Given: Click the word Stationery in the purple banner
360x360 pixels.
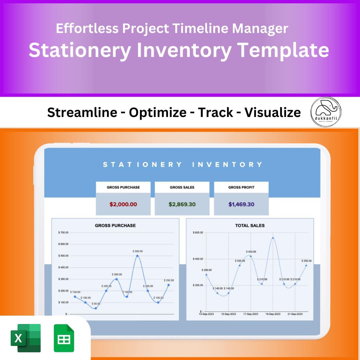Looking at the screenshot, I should pyautogui.click(x=79, y=50).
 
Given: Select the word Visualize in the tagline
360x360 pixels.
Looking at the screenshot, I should pyautogui.click(x=272, y=113).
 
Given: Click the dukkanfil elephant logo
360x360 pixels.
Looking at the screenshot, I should pyautogui.click(x=326, y=112).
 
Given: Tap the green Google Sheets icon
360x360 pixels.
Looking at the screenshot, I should pyautogui.click(x=64, y=338).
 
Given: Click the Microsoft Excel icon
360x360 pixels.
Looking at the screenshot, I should pyautogui.click(x=26, y=338).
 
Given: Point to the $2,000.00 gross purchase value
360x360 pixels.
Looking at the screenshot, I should pyautogui.click(x=123, y=204).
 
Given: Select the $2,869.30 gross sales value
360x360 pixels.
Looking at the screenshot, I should pyautogui.click(x=182, y=204).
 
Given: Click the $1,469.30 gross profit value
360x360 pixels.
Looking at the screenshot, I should pyautogui.click(x=241, y=204).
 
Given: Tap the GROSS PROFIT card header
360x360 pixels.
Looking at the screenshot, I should pyautogui.click(x=241, y=187).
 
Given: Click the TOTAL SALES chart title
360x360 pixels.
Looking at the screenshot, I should pyautogui.click(x=250, y=226).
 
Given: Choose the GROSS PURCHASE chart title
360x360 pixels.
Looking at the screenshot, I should pyautogui.click(x=115, y=226).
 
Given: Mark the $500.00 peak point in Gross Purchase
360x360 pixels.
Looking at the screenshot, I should pyautogui.click(x=137, y=256).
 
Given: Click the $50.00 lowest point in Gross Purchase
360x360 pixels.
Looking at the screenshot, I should pyautogui.click(x=96, y=308).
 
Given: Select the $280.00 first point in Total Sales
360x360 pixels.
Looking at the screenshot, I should pyautogui.click(x=206, y=274).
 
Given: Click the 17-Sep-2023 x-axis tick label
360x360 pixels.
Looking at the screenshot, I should pyautogui.click(x=250, y=314).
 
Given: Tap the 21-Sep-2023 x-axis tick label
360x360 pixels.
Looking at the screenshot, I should pyautogui.click(x=295, y=314).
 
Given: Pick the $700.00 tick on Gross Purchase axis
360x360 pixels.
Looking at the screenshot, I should pyautogui.click(x=63, y=232).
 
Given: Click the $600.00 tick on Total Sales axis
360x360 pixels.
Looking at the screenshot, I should pyautogui.click(x=198, y=232).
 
